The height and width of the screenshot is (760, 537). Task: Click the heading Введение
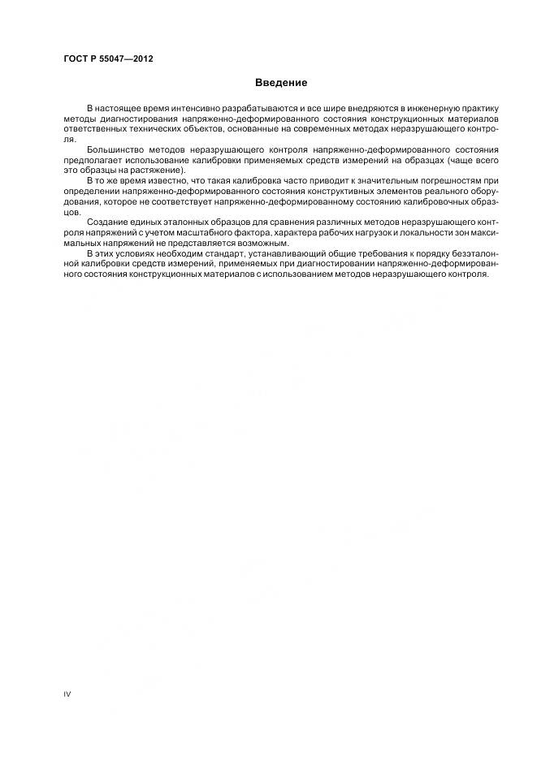pos(281,83)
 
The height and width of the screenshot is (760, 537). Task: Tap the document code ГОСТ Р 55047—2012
pos(109,60)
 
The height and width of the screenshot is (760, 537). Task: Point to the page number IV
pos(67,693)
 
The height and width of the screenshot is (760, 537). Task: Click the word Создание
pos(106,222)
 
